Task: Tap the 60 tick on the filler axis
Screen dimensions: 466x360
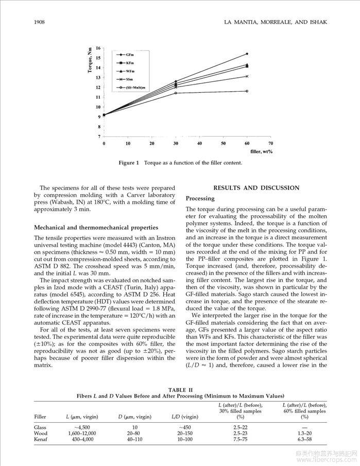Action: pos(247,143)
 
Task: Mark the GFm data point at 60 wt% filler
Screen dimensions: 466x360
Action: pos(247,54)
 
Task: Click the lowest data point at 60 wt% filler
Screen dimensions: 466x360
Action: pos(247,91)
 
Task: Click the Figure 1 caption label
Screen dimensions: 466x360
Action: pos(129,163)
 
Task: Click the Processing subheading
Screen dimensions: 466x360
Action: pos(200,198)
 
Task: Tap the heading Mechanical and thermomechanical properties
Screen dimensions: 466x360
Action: pos(96,227)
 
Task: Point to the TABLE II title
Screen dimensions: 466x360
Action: pos(180,390)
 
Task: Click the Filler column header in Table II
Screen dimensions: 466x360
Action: pos(40,416)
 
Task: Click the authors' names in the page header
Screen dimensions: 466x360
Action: pos(276,22)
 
